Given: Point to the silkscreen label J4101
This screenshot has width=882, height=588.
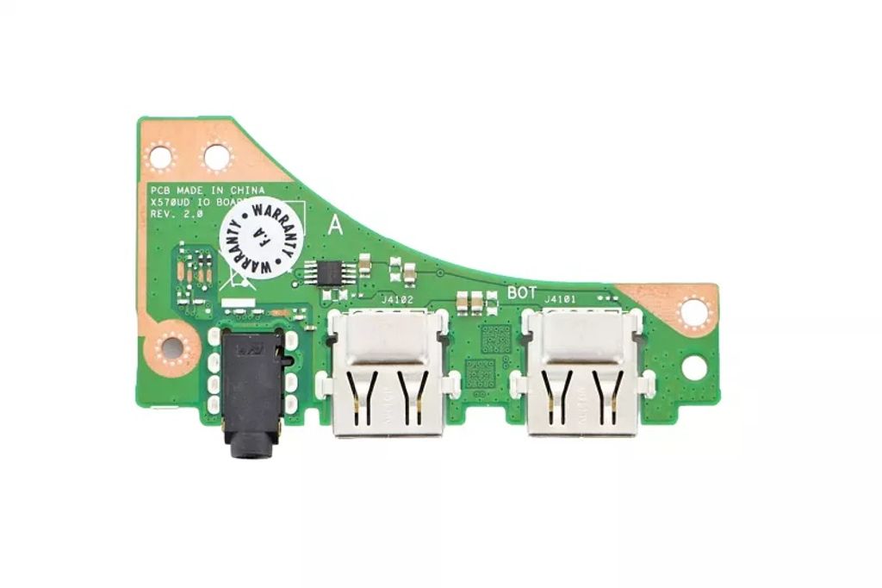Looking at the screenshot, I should click(x=560, y=299).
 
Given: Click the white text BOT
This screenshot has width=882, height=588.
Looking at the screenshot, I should click(x=522, y=292).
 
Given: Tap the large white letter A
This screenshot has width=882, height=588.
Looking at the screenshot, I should click(x=336, y=227).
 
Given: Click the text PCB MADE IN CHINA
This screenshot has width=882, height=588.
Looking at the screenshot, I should click(x=208, y=190).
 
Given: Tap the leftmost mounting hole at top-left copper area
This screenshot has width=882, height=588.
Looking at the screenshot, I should click(x=161, y=157).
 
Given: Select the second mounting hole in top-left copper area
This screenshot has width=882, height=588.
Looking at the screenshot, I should click(x=216, y=157).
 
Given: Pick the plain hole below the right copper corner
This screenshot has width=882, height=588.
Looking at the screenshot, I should click(x=694, y=367).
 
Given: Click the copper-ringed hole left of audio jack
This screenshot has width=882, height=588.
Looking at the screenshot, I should click(x=172, y=347).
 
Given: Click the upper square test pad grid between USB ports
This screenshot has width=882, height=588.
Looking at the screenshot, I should click(x=495, y=338).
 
